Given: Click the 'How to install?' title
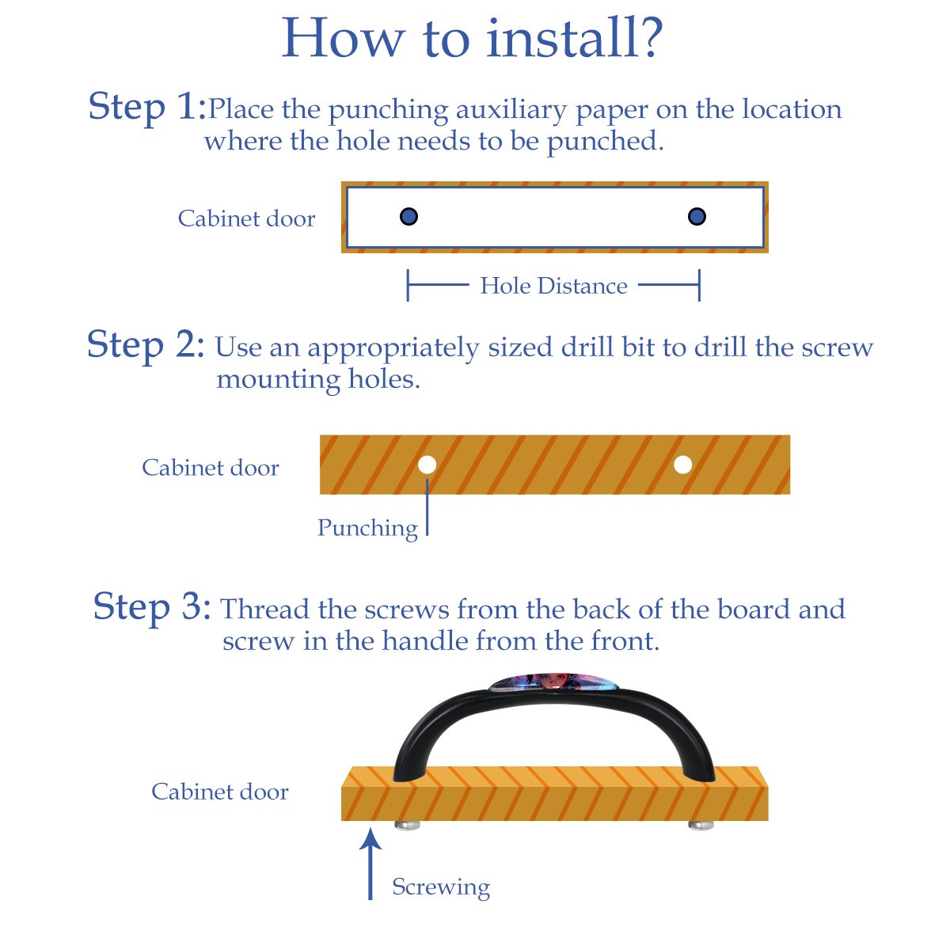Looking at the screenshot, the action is [472, 38].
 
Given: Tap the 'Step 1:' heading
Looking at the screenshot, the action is [146, 107].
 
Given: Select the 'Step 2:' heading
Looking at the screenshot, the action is [146, 344].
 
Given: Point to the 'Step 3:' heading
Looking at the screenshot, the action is [152, 607].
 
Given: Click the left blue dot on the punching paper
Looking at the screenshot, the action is [408, 216].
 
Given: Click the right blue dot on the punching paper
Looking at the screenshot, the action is [697, 216].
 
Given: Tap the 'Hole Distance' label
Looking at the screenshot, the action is [553, 286].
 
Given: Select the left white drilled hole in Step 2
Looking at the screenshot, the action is [427, 465].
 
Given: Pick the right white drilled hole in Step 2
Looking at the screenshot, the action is [682, 465].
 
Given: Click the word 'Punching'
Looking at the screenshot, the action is [368, 529].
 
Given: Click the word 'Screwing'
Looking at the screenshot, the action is [441, 887].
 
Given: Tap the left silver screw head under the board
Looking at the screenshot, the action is [407, 825].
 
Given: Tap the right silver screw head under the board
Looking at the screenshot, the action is [701, 825].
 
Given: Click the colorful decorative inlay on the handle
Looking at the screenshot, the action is [553, 682].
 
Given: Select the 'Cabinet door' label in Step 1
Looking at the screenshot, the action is [246, 218].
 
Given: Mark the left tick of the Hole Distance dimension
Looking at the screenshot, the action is [408, 285].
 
